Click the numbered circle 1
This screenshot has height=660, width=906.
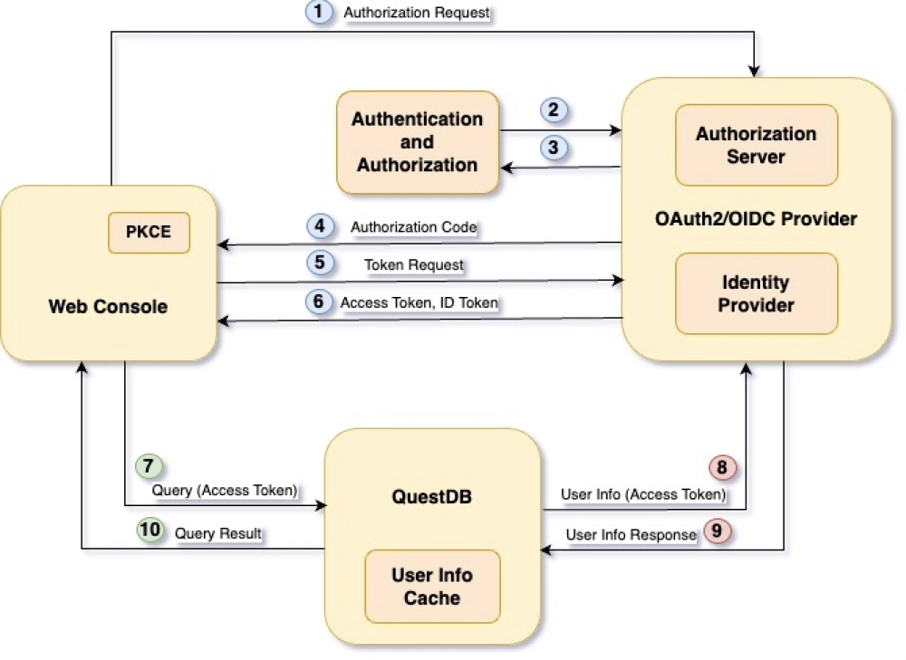pyautogui.click(x=317, y=13)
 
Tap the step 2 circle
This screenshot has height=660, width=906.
pyautogui.click(x=554, y=110)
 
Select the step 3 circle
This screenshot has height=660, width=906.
pyautogui.click(x=554, y=147)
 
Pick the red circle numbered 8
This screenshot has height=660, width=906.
pyautogui.click(x=723, y=467)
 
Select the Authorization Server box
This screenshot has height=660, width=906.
pyautogui.click(x=756, y=145)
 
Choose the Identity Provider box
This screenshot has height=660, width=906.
pyautogui.click(x=756, y=293)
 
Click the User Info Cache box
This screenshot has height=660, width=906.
pyautogui.click(x=432, y=586)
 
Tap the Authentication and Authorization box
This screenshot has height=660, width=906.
pyautogui.click(x=418, y=142)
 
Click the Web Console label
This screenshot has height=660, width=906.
pyautogui.click(x=108, y=306)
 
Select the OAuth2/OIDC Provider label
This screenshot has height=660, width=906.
pyautogui.click(x=756, y=219)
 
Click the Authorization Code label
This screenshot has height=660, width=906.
pyautogui.click(x=413, y=227)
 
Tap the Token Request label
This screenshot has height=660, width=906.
pyautogui.click(x=413, y=264)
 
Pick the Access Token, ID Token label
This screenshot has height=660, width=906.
pyautogui.click(x=419, y=303)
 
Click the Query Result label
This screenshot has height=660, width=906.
pyautogui.click(x=217, y=533)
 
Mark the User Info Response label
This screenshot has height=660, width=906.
pyautogui.click(x=631, y=534)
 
